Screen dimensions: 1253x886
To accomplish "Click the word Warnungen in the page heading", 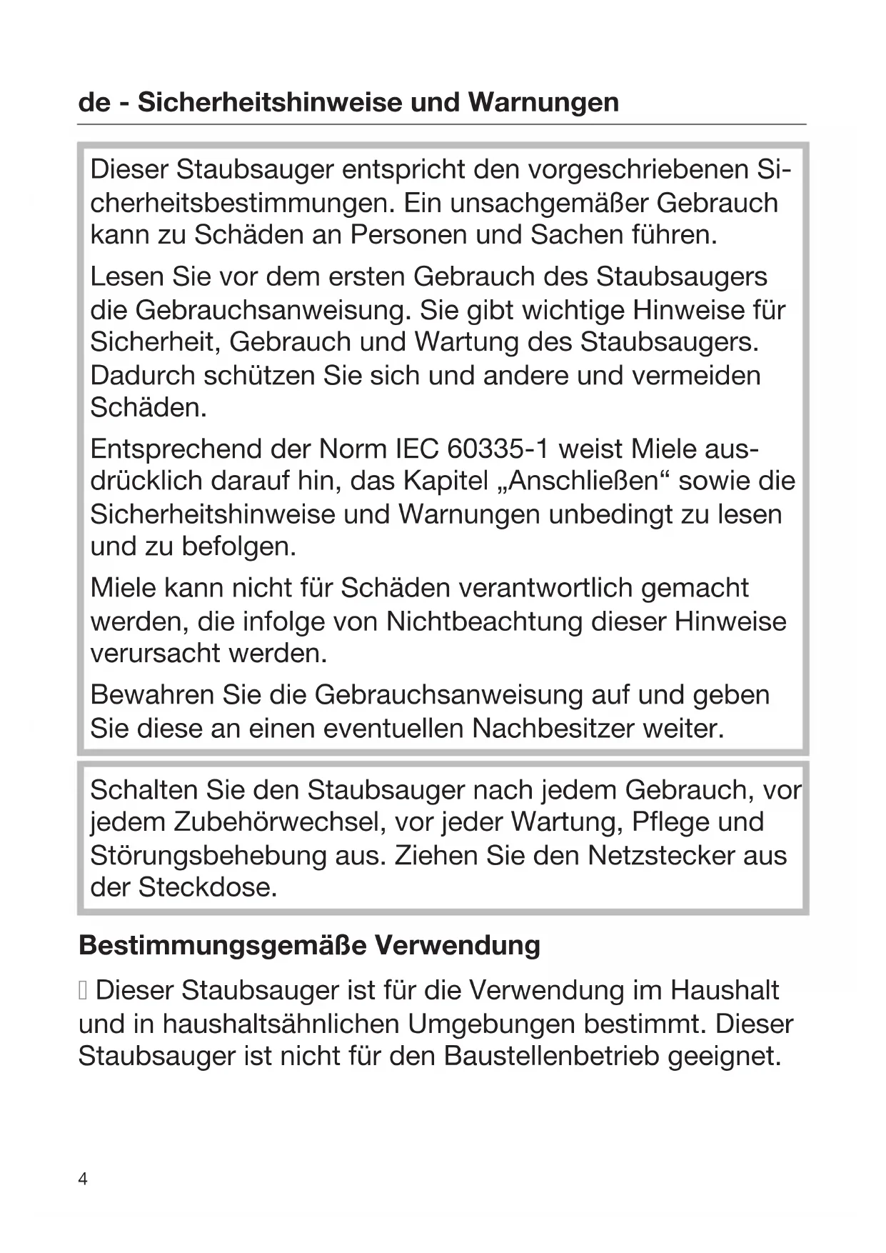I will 543,102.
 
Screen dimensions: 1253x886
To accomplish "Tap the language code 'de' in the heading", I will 94,102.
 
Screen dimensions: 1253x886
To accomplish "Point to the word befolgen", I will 238,547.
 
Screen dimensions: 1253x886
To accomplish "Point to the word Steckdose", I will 206,888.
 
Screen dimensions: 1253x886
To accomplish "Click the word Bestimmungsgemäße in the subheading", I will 222,945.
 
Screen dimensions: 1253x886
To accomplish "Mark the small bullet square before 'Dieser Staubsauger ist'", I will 84,992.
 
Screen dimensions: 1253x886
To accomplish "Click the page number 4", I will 83,1179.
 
